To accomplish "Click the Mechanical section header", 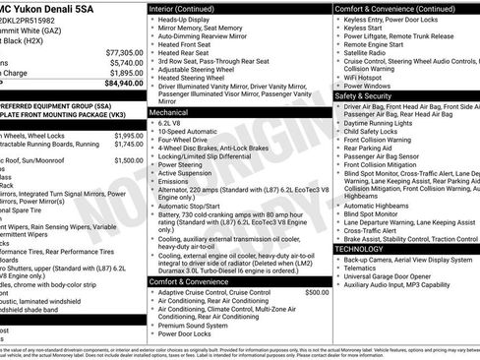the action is [173, 112].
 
